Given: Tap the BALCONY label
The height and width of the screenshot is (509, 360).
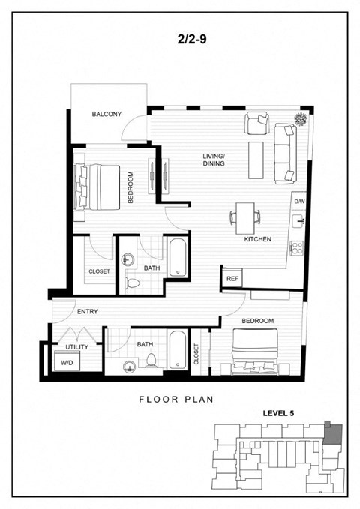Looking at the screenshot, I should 107,115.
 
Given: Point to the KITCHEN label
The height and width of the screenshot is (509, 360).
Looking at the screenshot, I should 256,240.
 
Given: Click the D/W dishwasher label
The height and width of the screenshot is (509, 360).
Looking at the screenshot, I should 299,202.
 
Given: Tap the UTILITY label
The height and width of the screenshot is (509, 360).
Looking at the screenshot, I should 77,347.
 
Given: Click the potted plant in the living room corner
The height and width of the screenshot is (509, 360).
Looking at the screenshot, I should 301,120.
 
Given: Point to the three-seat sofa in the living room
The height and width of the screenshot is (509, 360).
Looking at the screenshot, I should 285,154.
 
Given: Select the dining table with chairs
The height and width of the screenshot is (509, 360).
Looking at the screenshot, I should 245,217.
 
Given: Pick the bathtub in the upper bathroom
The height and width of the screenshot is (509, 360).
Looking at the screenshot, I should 177,257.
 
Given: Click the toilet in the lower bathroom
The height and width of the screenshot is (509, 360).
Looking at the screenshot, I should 149,361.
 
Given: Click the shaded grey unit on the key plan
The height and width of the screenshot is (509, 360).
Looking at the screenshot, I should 333,433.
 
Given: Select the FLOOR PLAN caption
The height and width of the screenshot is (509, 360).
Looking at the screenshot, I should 176,399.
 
